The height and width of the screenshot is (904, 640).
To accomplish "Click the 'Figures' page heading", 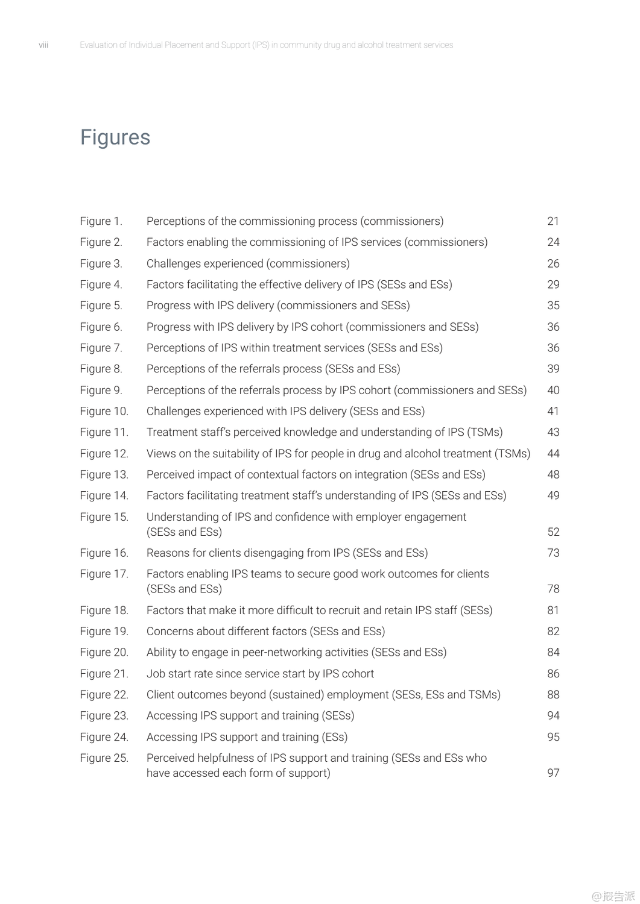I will tap(115, 137).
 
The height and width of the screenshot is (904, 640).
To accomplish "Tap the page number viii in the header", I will tap(43, 45).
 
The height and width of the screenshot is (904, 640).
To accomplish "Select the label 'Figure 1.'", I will tap(101, 221).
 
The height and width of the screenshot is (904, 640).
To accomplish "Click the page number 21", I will tap(553, 221).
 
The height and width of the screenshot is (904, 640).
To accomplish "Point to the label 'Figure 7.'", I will tap(101, 348).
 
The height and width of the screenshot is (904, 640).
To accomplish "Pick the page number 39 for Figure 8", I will tap(553, 369).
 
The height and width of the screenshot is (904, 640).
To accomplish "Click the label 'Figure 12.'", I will tap(104, 453).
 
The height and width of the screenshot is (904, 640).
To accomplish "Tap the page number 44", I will tap(553, 453).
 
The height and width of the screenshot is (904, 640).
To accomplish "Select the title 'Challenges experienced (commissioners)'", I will tap(248, 263).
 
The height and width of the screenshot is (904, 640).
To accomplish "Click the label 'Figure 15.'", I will tap(104, 516).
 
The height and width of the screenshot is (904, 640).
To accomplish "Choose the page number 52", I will tap(553, 532).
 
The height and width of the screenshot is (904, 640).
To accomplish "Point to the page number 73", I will tap(553, 553).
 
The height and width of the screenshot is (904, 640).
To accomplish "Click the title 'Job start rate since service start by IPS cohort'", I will tap(260, 673).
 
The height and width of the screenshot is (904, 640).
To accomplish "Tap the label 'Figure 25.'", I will tap(104, 758).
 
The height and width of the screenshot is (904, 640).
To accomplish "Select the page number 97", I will tap(553, 773).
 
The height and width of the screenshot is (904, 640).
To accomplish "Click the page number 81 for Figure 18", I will tap(553, 610).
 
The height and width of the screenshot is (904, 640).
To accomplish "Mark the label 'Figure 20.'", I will tap(104, 652).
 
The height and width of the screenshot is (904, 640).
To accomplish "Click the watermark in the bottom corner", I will tap(613, 896).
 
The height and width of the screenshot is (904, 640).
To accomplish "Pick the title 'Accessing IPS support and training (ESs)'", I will tap(247, 736).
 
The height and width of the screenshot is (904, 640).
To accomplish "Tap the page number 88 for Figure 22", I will tap(553, 694).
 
